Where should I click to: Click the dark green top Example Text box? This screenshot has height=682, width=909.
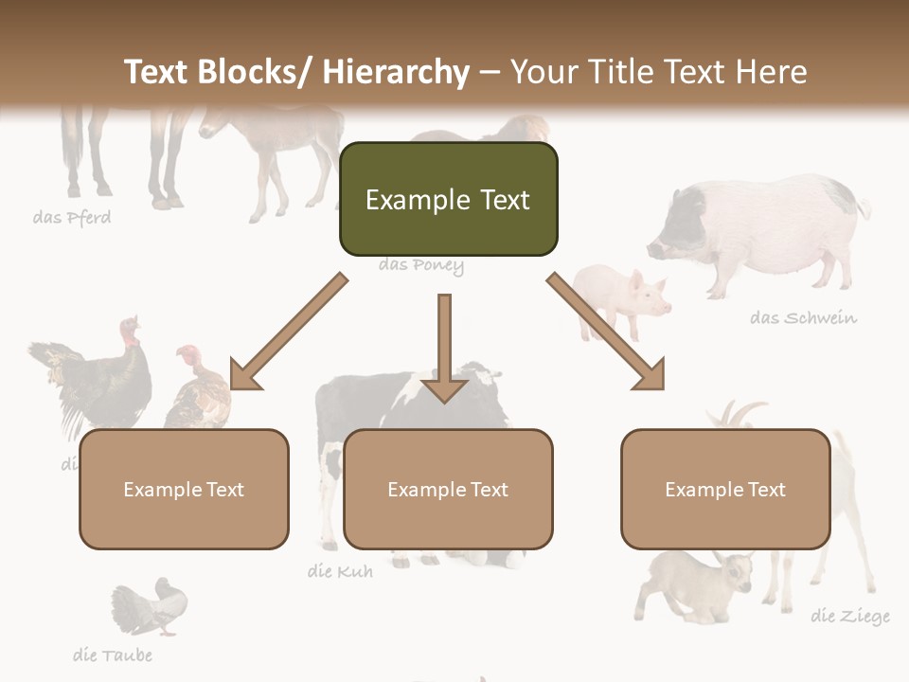pos(448,199)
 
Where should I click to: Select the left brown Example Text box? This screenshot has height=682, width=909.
pos(184,489)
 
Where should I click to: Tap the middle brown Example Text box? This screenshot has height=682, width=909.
pos(448,489)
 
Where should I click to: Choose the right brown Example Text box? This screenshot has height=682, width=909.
pos(725,489)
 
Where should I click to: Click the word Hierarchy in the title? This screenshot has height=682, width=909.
pos(396,72)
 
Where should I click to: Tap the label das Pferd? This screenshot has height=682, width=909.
pos(72,218)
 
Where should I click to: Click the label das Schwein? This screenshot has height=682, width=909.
pos(803,317)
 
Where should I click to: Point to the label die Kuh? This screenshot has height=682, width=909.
pos(340,571)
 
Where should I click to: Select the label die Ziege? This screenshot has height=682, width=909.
pos(850,617)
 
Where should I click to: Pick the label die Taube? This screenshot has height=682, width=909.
pos(112,655)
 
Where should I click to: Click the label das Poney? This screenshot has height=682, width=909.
pos(421,265)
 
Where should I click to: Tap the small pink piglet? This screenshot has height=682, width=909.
pos(623,298)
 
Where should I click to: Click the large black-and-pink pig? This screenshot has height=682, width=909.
pos(757,232)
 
